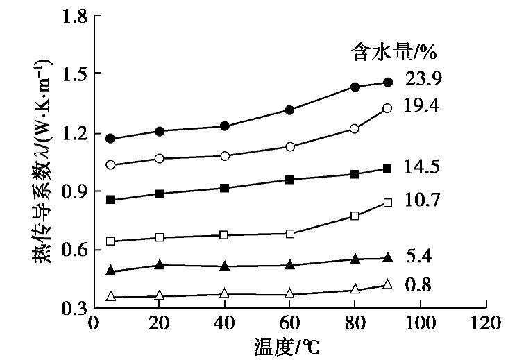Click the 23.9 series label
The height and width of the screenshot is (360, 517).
click(421, 79)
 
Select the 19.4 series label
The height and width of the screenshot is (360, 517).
click(421, 105)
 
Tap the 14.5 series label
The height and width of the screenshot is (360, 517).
click(421, 166)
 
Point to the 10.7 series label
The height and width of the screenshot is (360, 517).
click(421, 200)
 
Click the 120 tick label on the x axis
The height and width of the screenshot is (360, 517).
click(486, 324)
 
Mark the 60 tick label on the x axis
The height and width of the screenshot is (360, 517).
click(289, 324)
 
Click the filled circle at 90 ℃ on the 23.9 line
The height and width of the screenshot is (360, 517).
click(388, 83)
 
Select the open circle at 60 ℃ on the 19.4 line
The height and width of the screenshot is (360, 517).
click(290, 147)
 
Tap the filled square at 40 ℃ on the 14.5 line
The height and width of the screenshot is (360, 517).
click(224, 188)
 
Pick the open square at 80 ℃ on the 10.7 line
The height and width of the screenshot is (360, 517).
click(355, 216)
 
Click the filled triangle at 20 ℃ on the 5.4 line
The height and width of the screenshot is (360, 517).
click(160, 264)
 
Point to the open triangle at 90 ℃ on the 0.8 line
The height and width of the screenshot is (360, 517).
click(388, 284)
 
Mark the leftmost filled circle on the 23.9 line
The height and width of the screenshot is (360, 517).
click(110, 139)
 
